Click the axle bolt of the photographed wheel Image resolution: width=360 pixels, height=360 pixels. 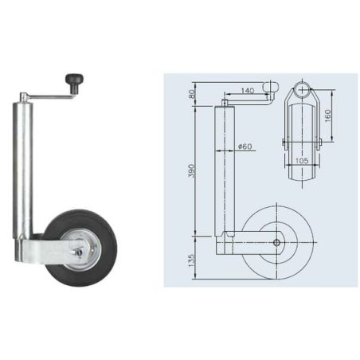[x=79, y=252]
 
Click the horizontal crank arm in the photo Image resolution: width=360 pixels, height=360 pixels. [x=50, y=97]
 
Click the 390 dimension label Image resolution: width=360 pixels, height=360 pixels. [x=192, y=170]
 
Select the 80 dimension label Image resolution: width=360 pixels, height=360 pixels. [x=192, y=93]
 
